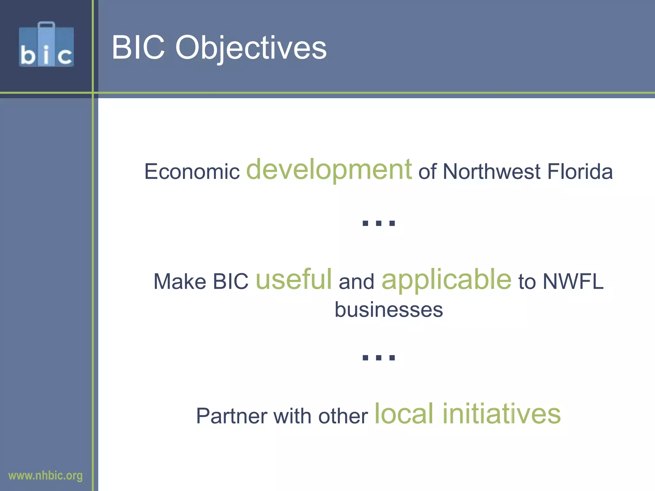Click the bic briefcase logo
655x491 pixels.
point(46,45)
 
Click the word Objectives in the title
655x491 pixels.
point(251,48)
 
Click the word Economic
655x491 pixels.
point(192,172)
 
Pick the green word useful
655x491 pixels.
point(294,279)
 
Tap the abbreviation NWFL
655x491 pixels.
point(573,282)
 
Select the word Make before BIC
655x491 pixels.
point(180,282)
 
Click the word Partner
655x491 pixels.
point(232,416)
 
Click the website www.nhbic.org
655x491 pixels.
point(45,476)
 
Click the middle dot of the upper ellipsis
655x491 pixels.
point(379,223)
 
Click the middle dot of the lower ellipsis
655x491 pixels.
point(379,357)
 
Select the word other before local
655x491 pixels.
point(343,416)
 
